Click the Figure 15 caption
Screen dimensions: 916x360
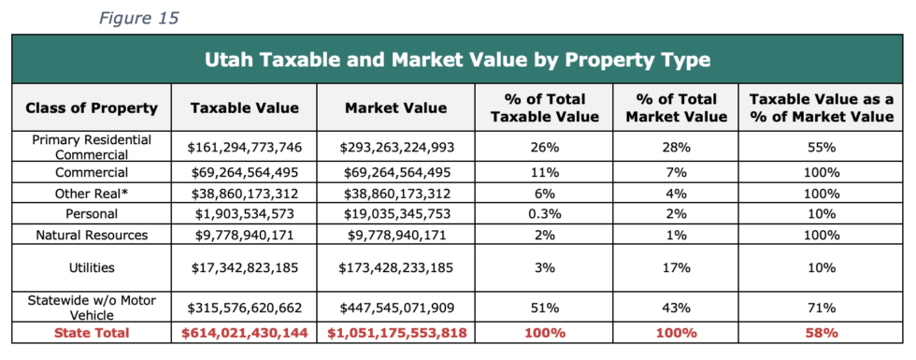coord(138,18)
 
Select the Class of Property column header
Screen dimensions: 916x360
coord(92,108)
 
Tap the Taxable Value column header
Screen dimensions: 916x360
coord(244,108)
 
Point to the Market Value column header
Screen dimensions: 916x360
coord(396,108)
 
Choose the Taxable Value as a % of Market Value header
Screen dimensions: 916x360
coord(822,108)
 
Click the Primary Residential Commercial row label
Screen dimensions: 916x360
coord(92,148)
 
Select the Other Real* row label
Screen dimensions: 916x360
coord(92,193)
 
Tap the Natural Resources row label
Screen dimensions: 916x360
coord(92,235)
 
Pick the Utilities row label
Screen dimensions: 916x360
coord(92,268)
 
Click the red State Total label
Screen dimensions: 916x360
coord(92,333)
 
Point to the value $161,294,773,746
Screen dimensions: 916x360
coord(244,148)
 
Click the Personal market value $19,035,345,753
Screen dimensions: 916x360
coord(396,214)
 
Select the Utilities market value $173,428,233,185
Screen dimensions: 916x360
coord(396,268)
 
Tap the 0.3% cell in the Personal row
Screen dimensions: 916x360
coord(544,214)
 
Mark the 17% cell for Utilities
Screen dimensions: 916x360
coord(677,268)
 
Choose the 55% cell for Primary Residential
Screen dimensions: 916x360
coord(822,148)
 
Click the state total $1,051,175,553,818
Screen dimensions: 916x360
coord(396,333)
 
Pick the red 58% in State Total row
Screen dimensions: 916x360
coord(822,333)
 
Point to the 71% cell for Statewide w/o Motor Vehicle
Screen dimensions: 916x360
coord(822,308)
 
